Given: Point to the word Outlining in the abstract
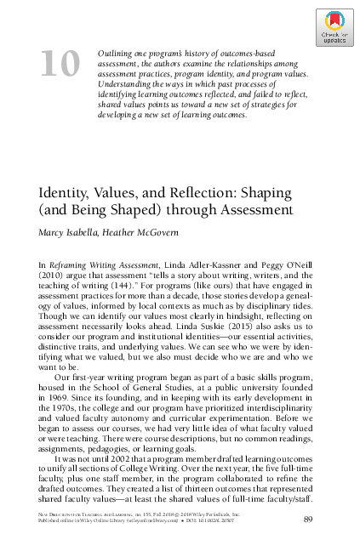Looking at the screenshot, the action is pyautogui.click(x=118, y=54).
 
